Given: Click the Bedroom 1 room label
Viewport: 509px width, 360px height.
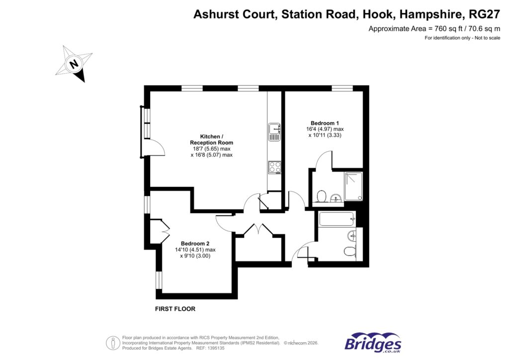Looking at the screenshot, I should point(325,123).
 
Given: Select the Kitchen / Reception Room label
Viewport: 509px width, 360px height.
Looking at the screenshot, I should point(212,140).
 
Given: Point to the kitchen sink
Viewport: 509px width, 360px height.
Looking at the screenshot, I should point(275,132).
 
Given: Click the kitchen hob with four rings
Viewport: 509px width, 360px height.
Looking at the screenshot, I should point(275,167).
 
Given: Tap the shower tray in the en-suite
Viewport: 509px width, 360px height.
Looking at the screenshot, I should point(353,186).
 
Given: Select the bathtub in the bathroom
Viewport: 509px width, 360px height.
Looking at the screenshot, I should point(337,219).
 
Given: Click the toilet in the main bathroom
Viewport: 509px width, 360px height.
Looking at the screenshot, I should point(350,252).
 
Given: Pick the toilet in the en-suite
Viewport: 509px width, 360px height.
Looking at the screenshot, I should point(321,197).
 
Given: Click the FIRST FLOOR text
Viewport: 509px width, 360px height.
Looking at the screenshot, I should point(175,309).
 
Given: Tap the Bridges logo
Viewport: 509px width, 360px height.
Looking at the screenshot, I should point(373,343).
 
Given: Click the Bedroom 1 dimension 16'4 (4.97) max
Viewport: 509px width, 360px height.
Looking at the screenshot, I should point(325,129).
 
